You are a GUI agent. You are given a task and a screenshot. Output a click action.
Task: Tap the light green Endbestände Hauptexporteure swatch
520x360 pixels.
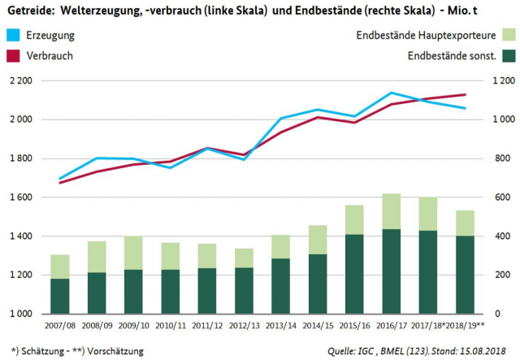pos(509,37)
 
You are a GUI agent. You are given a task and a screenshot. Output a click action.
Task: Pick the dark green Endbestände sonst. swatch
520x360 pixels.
pos(509,56)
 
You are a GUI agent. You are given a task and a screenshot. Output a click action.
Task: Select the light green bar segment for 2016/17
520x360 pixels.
pos(392,211)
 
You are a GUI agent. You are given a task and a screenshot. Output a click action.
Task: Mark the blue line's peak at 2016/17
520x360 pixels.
pos(392,93)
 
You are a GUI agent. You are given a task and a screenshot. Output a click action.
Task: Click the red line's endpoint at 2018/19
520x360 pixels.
pos(465,95)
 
